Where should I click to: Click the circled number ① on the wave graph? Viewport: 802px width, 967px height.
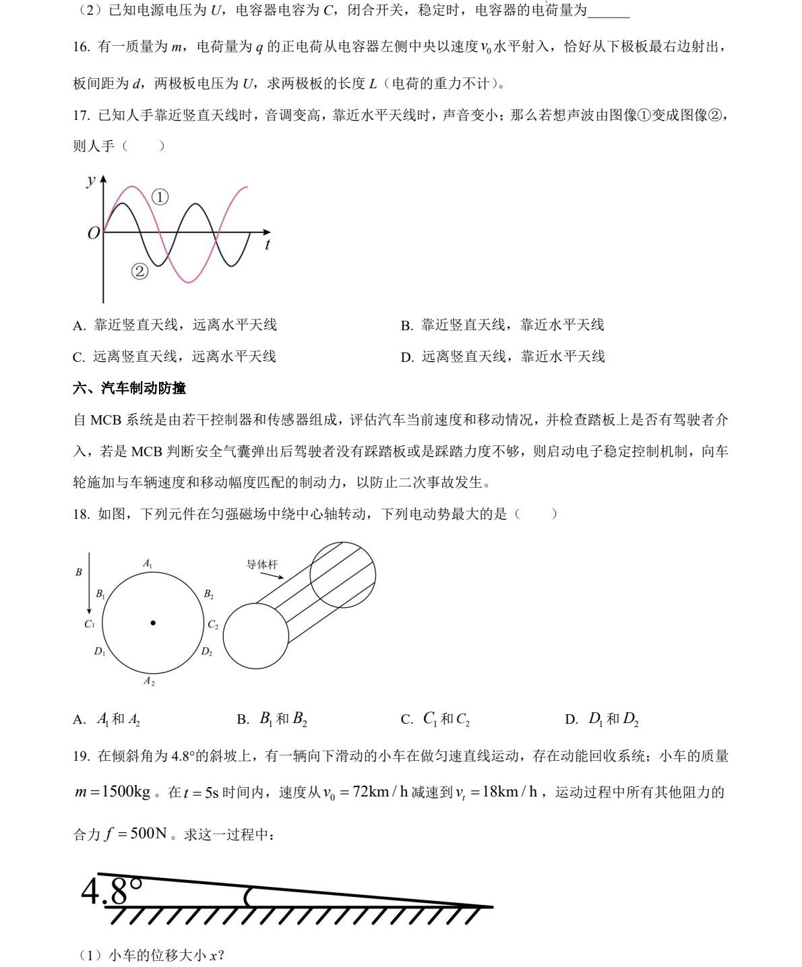(x=160, y=197)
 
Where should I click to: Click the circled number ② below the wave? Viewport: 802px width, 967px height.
(x=140, y=271)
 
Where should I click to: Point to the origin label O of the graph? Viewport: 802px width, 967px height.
(x=94, y=233)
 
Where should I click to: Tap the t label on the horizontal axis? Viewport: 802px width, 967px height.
(x=268, y=245)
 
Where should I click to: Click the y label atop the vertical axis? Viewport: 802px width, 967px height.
(x=90, y=181)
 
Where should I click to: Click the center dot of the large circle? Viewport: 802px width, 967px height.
(x=153, y=623)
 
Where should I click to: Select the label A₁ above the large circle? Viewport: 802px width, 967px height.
(x=148, y=563)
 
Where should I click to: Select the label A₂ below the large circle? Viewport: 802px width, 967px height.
(x=149, y=681)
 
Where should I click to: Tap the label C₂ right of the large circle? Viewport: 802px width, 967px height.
(x=213, y=625)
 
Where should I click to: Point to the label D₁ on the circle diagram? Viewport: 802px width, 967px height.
(x=100, y=652)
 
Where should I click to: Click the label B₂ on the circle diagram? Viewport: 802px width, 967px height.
(x=208, y=594)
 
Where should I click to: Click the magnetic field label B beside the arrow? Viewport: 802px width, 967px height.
(x=79, y=572)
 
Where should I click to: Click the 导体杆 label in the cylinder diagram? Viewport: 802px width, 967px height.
(x=261, y=565)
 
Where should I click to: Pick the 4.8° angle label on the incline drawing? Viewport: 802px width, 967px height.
(x=111, y=891)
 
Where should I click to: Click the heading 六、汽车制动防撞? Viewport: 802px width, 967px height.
(x=129, y=388)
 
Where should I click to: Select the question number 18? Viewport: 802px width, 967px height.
(x=81, y=514)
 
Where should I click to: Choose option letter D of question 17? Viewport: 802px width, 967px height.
(x=407, y=357)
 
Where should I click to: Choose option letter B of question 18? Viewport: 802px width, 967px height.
(x=243, y=720)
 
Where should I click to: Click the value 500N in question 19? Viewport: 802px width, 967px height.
(x=148, y=834)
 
